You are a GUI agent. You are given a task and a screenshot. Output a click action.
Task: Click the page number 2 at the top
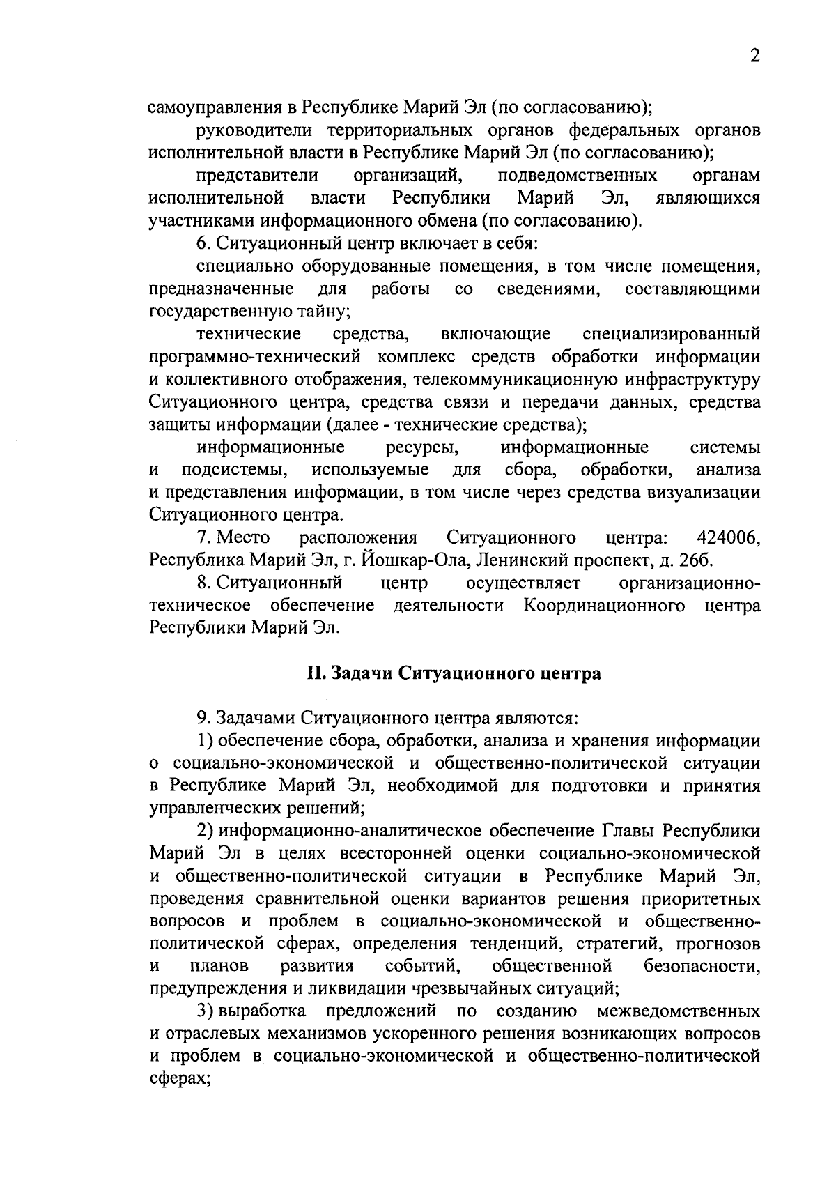pos(754,56)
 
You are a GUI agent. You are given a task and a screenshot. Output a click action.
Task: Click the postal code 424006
pos(727,538)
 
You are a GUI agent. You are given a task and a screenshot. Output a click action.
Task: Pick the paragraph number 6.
pos(202,243)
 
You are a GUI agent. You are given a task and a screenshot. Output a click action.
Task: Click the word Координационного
pos(603,606)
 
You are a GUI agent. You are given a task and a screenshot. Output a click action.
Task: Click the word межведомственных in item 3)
pos(678,1011)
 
